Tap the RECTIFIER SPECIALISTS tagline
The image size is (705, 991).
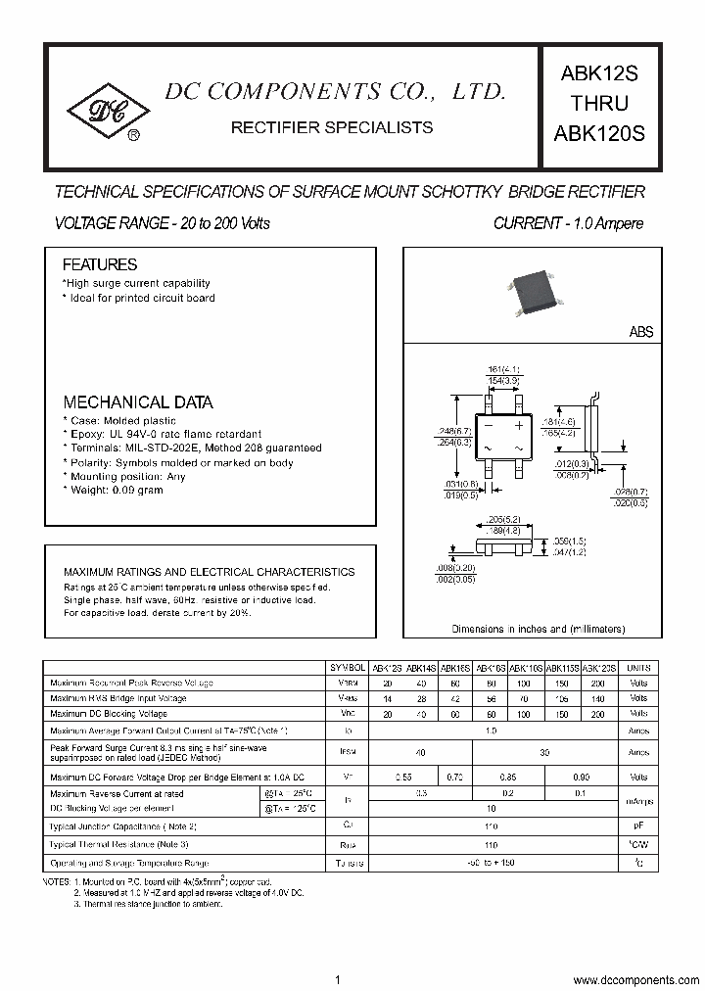[x=331, y=127]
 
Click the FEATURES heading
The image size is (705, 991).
[x=100, y=264]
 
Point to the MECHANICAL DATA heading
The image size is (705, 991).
[x=138, y=402]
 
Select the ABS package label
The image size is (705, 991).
[x=640, y=332]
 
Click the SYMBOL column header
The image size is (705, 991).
[x=350, y=667]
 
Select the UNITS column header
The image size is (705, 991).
[x=638, y=667]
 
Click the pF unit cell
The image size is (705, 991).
[x=638, y=826]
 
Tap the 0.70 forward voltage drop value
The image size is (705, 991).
[x=454, y=777]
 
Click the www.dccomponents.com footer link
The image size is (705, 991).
[x=635, y=980]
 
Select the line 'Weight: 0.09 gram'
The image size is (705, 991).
[x=114, y=490]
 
